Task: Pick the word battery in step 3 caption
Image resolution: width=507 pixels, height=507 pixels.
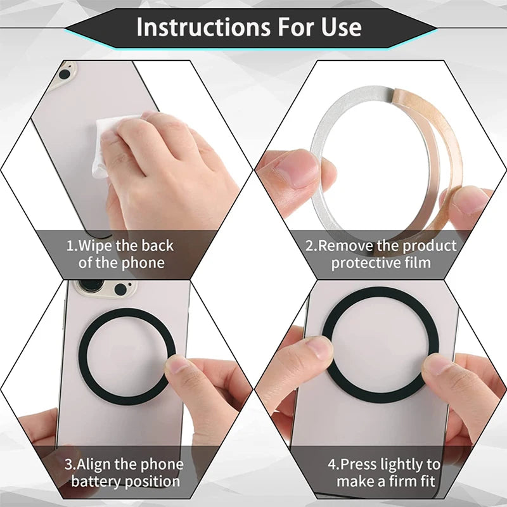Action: (x=93, y=482)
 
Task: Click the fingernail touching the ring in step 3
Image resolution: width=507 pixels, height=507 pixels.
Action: (x=177, y=364)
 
